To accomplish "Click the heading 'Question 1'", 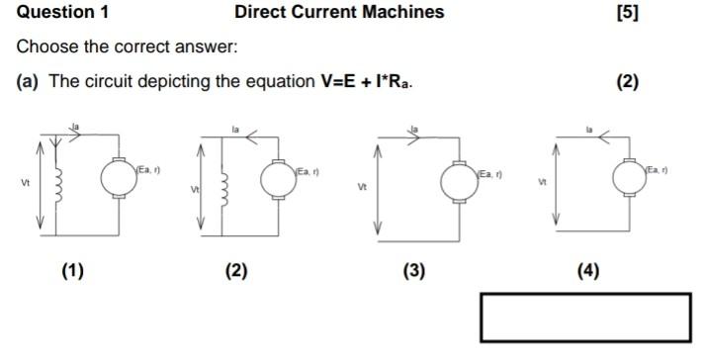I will (x=63, y=13).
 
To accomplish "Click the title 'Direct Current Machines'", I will (x=339, y=13).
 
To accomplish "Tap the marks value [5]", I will (x=627, y=13).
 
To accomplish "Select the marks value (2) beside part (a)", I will (x=627, y=82).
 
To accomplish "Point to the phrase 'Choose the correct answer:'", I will (x=129, y=47).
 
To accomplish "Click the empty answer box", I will (x=585, y=316).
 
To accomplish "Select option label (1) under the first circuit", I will (x=72, y=270).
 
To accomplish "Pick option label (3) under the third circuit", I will (x=413, y=270).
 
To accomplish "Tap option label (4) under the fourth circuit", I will (x=588, y=270).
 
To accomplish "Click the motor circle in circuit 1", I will (x=118, y=178).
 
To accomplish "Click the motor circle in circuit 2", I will (x=278, y=178).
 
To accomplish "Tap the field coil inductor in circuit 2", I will (x=223, y=187).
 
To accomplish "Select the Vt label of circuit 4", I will (x=541, y=182).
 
